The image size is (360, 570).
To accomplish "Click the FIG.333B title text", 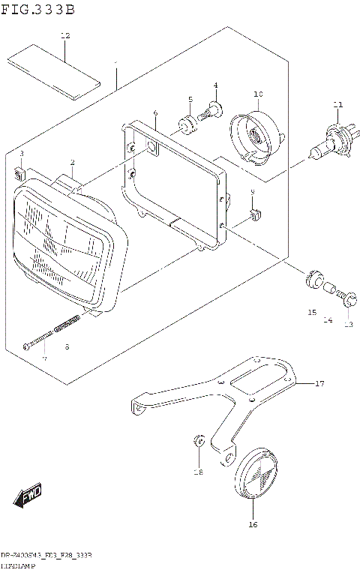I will click(x=38, y=10).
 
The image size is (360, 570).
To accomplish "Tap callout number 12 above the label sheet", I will click(x=64, y=35).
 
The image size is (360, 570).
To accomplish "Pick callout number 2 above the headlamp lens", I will click(x=72, y=162).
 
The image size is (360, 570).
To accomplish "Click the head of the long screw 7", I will click(x=26, y=345).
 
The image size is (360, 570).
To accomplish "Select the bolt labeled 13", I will click(x=346, y=299).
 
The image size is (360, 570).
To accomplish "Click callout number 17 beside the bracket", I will click(x=319, y=384).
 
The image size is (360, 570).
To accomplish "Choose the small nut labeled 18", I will click(x=199, y=442).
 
